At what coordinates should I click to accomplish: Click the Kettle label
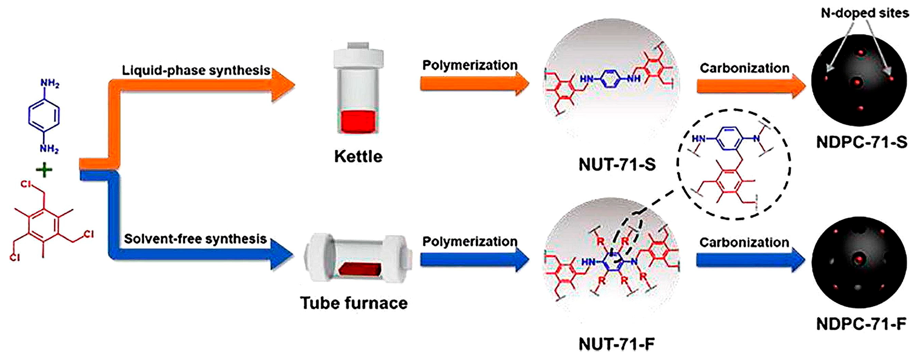tap(358, 157)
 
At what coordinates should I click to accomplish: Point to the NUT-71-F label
tap(616, 344)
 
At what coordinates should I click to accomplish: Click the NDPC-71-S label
tap(862, 142)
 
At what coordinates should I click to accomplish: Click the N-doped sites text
tap(864, 13)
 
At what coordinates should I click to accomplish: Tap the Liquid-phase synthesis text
tap(196, 70)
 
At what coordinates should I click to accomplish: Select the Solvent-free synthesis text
tap(195, 239)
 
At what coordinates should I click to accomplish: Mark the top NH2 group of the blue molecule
tap(49, 84)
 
